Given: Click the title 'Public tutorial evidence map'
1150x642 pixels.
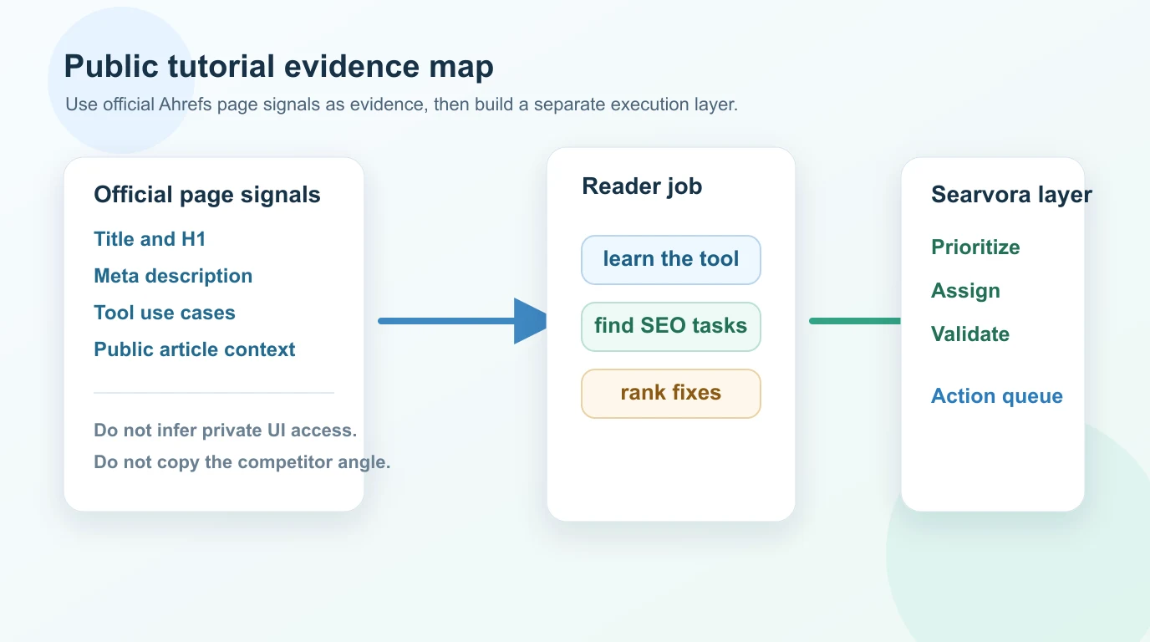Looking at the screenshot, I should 278,67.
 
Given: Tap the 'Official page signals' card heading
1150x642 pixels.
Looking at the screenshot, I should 206,195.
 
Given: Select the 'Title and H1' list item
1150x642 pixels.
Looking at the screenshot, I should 150,239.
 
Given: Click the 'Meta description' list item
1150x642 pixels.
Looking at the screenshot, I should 173,276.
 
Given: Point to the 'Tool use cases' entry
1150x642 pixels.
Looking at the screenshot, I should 165,313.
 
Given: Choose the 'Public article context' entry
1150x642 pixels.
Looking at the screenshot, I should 195,349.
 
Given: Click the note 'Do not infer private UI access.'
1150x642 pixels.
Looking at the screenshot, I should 226,431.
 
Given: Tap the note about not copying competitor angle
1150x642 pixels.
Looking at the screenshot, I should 242,461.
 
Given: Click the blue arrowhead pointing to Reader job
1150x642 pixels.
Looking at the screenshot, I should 530,321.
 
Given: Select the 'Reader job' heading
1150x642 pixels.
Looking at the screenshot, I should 642,186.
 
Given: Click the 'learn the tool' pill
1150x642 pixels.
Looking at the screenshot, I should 671,259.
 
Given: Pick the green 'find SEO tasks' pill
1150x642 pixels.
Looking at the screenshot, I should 671,326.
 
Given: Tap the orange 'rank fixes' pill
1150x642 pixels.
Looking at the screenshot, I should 671,393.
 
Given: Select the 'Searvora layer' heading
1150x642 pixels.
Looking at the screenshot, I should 1011,195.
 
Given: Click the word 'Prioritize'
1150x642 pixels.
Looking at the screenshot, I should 975,247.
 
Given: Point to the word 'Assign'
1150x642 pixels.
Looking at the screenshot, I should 965,291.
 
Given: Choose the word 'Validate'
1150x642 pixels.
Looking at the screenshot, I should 970,334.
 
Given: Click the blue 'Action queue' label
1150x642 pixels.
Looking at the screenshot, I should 997,396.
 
